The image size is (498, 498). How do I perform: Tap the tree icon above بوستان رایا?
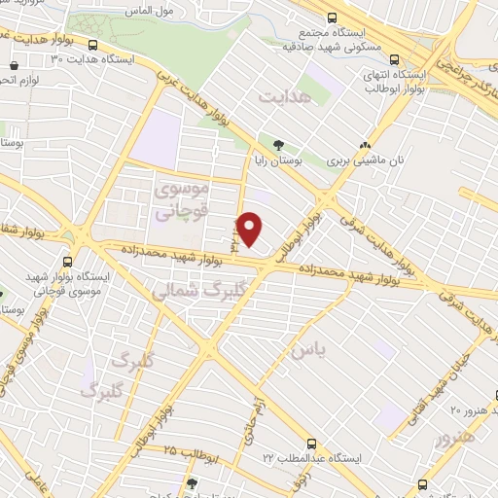point(279,145)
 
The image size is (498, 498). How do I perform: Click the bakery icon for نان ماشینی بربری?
point(367,141)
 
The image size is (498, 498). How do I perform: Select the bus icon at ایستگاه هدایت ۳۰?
point(93,44)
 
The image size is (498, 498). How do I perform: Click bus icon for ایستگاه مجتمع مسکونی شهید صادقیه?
point(333,18)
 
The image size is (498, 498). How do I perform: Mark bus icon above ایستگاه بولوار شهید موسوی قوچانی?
point(67,261)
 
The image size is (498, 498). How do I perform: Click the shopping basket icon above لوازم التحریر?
point(13,66)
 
